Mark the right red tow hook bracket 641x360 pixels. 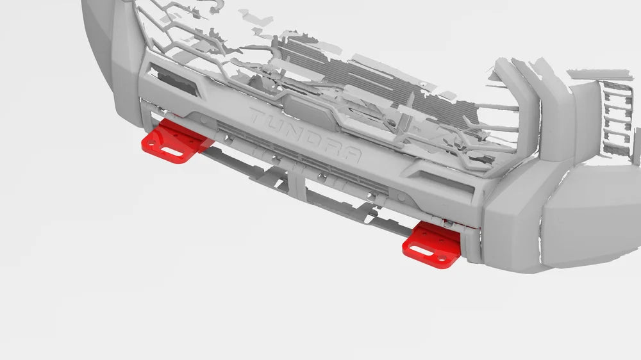pyautogui.click(x=432, y=245)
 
